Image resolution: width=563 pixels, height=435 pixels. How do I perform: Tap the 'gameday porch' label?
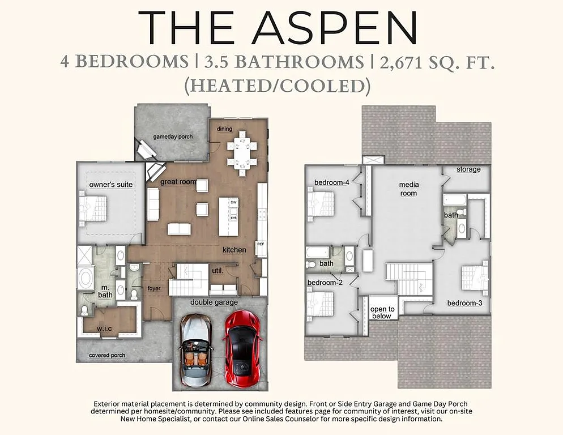[173, 137]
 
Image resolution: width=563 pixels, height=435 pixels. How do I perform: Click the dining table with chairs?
[242, 152]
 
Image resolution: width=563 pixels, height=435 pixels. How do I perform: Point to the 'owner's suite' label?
[111, 185]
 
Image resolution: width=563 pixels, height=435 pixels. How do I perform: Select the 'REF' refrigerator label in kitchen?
[261, 245]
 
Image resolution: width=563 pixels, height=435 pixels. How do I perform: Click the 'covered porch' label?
[107, 355]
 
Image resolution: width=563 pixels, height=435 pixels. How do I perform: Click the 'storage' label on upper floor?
[468, 169]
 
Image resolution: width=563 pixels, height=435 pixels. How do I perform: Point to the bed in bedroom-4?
[320, 203]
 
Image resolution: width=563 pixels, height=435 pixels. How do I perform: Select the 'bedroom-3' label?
[464, 303]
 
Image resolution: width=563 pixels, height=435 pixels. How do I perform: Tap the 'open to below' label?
[382, 313]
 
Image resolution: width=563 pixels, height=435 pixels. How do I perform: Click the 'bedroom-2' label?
[325, 282]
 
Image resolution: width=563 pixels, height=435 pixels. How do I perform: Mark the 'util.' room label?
[217, 271]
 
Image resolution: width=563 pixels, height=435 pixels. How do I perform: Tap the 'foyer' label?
[154, 288]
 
